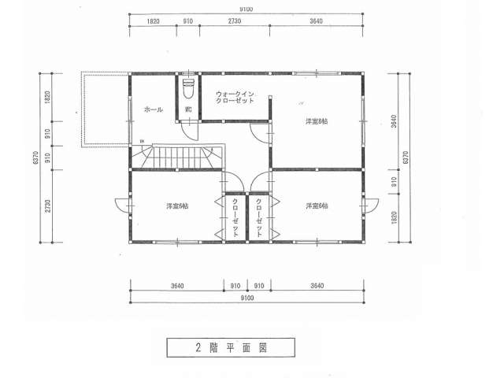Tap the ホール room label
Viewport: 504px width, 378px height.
click(x=154, y=109)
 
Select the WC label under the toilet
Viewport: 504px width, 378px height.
click(x=188, y=109)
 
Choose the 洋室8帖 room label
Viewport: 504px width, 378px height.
click(x=317, y=122)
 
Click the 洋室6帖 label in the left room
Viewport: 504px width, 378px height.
click(x=176, y=206)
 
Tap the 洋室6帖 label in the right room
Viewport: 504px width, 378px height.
click(x=317, y=206)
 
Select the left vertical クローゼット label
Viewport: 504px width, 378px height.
click(x=235, y=217)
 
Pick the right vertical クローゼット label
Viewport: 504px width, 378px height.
click(x=259, y=217)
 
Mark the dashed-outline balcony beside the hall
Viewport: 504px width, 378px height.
click(x=105, y=109)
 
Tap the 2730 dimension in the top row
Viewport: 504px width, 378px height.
click(x=235, y=22)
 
